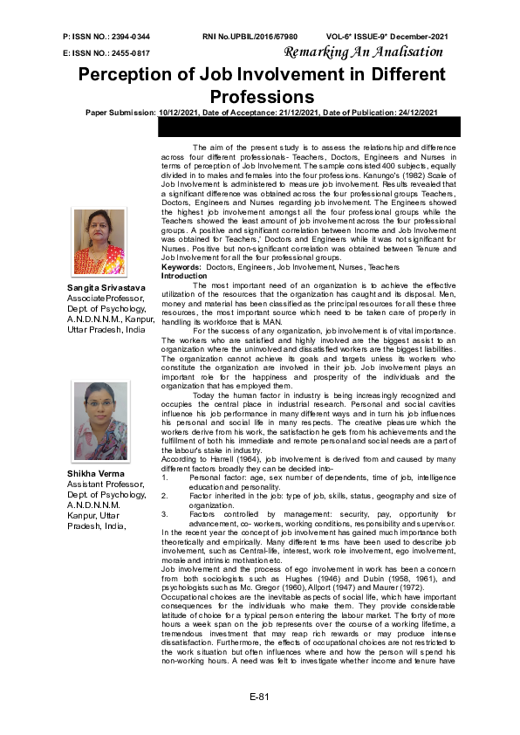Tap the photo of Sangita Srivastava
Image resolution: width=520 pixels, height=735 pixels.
(x=99, y=243)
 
